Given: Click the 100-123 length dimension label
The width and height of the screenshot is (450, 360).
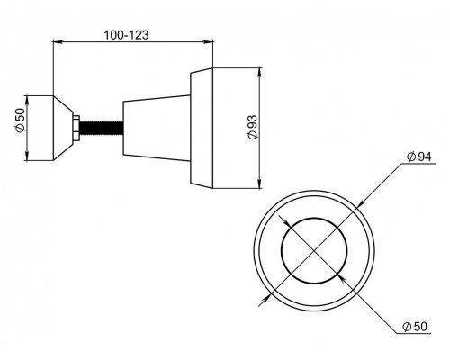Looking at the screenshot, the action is [126, 35].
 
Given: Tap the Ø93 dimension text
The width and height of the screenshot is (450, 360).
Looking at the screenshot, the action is [253, 127].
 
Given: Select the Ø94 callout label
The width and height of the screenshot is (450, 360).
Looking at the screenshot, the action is [419, 157].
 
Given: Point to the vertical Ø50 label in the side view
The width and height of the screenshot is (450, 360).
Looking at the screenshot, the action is [21, 120].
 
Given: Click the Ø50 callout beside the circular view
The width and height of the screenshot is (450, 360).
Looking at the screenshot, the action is [415, 327].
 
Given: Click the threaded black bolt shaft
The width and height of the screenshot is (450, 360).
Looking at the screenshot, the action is [101, 128].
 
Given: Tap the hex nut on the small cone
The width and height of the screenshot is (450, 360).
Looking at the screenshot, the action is [76, 128].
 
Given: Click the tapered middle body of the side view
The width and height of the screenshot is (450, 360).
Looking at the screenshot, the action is [157, 128].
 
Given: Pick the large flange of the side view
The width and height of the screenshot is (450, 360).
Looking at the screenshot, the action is [202, 128].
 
